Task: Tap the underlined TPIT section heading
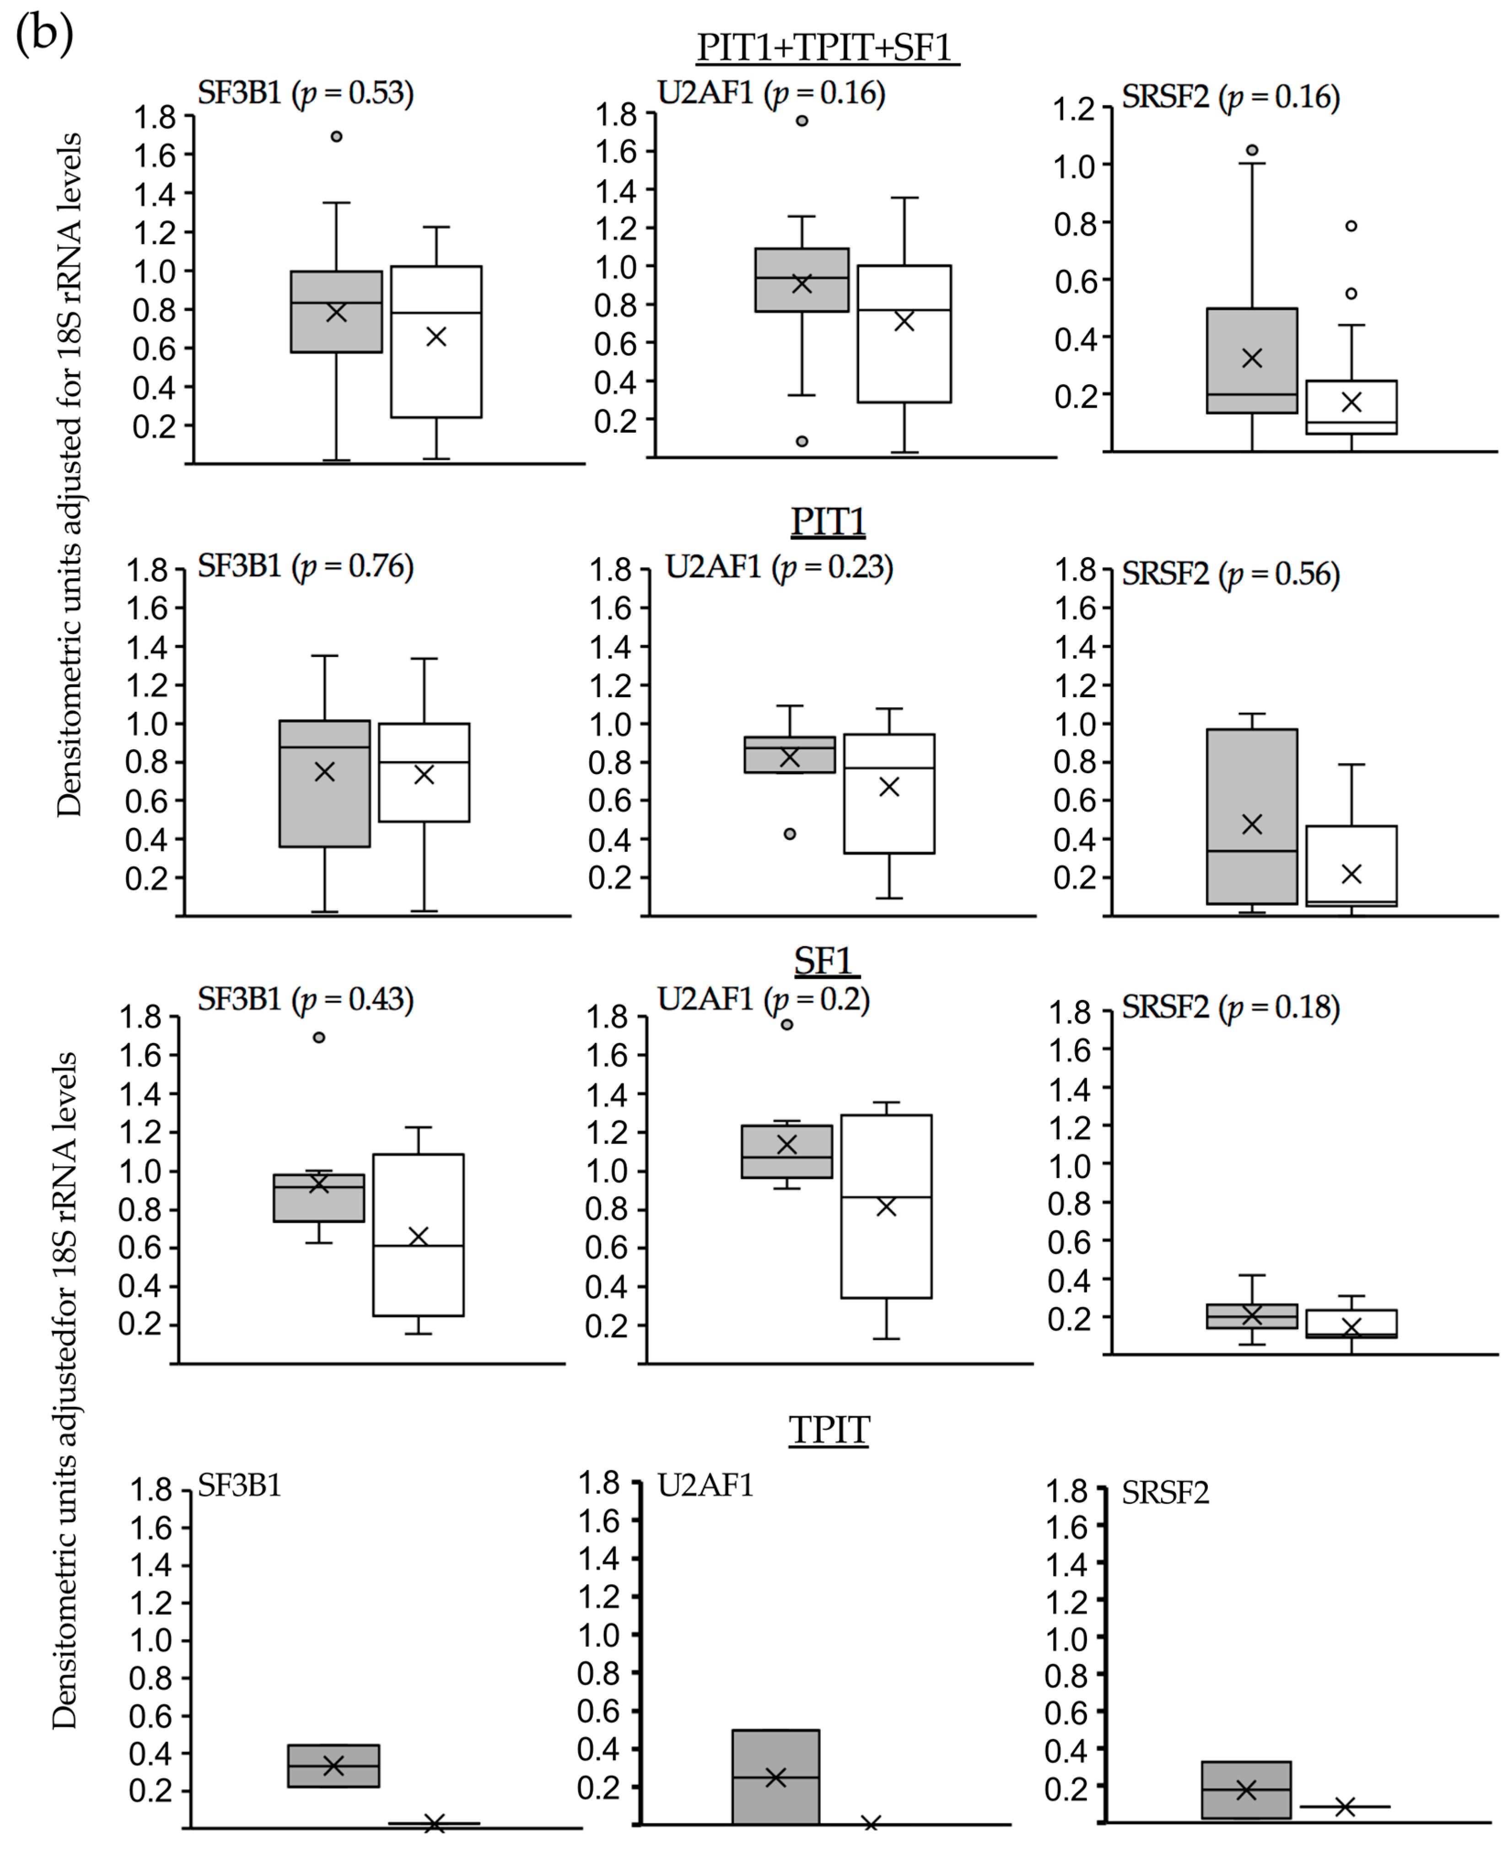click(x=829, y=1430)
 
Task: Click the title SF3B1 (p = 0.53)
click(x=306, y=93)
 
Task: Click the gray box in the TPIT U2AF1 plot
click(x=775, y=1777)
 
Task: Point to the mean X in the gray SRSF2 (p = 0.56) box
click(x=1252, y=824)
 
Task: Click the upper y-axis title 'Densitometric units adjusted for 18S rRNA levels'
click(x=70, y=475)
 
